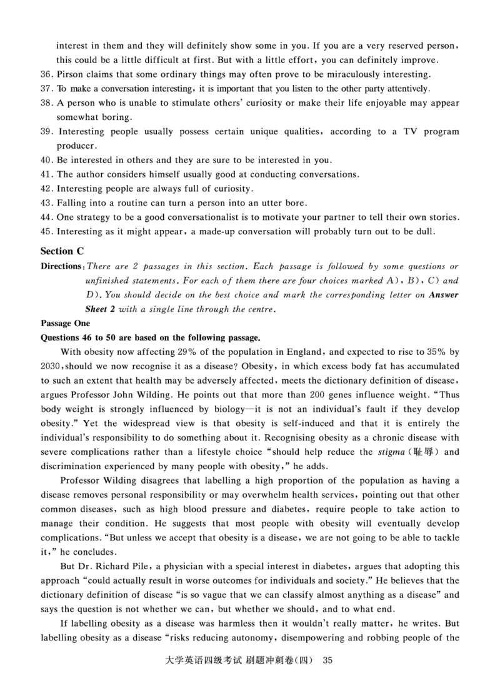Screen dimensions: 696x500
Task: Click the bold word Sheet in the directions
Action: [97, 309]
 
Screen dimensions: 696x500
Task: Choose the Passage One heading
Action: [65, 323]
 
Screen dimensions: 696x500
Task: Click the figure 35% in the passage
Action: [436, 352]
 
